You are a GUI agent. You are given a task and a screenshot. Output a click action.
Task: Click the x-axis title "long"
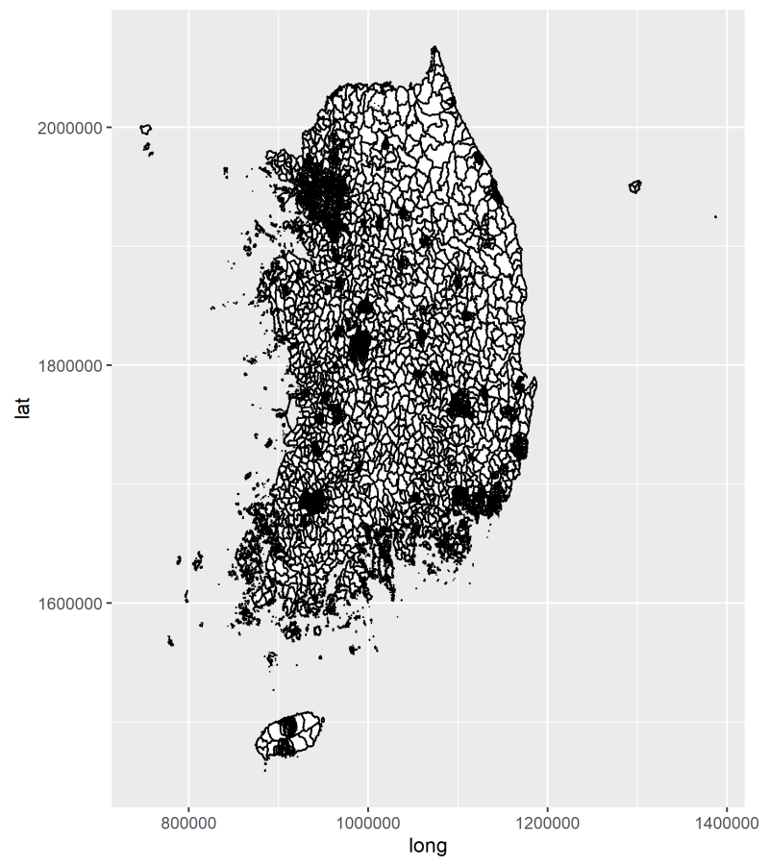tap(428, 846)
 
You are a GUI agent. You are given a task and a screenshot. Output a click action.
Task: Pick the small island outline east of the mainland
tap(634, 186)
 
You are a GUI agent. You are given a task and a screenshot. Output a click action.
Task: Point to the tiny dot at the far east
tap(715, 217)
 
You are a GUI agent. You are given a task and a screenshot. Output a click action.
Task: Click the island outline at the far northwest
tap(145, 129)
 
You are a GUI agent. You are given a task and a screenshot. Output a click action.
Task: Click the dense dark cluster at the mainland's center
tap(359, 344)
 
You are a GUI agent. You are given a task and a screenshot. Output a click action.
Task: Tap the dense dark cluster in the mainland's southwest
tap(312, 501)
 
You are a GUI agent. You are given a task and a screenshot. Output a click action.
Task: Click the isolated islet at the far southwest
tap(171, 641)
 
